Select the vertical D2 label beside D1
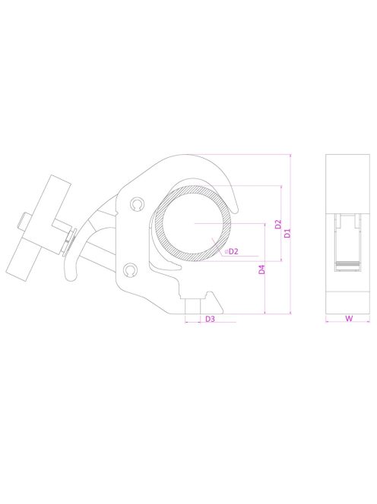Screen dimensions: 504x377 [278, 225]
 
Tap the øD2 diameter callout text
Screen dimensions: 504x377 [232, 251]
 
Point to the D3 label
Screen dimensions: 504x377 [210, 320]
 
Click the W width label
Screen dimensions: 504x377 [348, 319]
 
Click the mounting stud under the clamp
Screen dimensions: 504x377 [192, 307]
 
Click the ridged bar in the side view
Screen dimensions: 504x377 [348, 264]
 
